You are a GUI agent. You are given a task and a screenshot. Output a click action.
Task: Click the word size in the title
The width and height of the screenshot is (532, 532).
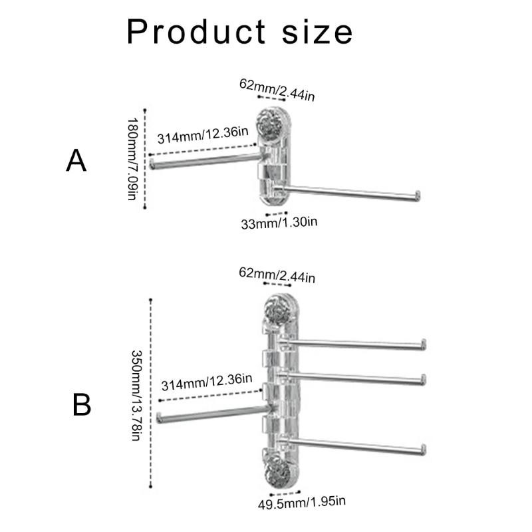click(318, 33)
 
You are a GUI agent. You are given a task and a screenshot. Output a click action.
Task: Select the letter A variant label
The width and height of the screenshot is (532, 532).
click(76, 161)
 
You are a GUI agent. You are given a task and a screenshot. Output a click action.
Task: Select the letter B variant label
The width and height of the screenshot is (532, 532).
click(81, 405)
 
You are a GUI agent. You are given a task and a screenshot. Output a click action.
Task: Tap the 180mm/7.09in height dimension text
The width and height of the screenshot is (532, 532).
click(132, 159)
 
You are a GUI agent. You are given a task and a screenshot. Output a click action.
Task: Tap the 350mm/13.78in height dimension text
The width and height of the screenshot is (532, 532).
click(136, 395)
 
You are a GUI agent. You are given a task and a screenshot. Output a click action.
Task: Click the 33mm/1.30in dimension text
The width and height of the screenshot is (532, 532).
click(279, 223)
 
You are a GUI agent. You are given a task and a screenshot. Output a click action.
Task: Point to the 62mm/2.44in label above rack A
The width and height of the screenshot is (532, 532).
click(277, 90)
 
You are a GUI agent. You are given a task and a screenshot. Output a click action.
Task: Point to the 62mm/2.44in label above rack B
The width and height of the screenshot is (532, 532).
click(277, 275)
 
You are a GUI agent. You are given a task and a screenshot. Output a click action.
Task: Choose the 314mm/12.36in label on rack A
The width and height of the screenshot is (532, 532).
click(203, 135)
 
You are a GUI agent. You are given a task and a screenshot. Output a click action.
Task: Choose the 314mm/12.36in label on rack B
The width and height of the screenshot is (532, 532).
click(207, 382)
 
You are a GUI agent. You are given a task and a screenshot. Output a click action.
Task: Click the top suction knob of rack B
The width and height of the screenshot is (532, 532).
click(277, 309)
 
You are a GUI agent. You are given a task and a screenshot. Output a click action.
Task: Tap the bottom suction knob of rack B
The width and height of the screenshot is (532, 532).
click(277, 473)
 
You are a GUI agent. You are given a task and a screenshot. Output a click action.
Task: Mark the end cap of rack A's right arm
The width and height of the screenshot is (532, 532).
click(418, 196)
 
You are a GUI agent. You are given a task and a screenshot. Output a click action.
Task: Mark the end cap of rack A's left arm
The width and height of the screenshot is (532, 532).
click(152, 164)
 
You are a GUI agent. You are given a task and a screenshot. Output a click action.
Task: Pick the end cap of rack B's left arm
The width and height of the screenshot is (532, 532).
click(159, 418)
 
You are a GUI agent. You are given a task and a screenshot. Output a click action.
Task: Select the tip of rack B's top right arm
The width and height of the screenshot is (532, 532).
click(424, 344)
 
